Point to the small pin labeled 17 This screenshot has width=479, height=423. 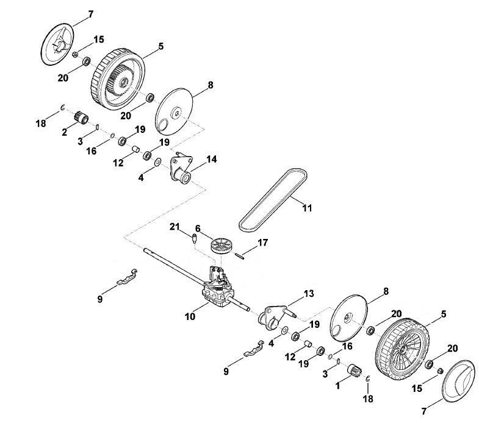click(239, 256)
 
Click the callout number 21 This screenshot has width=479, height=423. click(175, 227)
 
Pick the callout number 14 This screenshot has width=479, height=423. click(211, 159)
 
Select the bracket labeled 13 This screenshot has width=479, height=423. click(276, 318)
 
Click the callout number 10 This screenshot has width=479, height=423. click(190, 316)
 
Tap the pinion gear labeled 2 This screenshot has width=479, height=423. click(81, 118)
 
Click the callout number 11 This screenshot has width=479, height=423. click(307, 208)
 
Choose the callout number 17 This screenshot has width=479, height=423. click(263, 243)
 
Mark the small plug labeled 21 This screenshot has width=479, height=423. click(193, 238)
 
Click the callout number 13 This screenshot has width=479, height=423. click(309, 294)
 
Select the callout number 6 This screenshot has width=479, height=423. click(198, 229)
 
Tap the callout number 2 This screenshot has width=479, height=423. click(64, 132)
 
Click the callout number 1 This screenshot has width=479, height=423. click(337, 386)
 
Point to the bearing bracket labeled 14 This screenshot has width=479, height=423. click(181, 169)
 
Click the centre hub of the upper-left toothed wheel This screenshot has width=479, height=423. click(123, 82)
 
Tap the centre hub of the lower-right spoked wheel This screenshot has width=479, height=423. click(403, 349)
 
